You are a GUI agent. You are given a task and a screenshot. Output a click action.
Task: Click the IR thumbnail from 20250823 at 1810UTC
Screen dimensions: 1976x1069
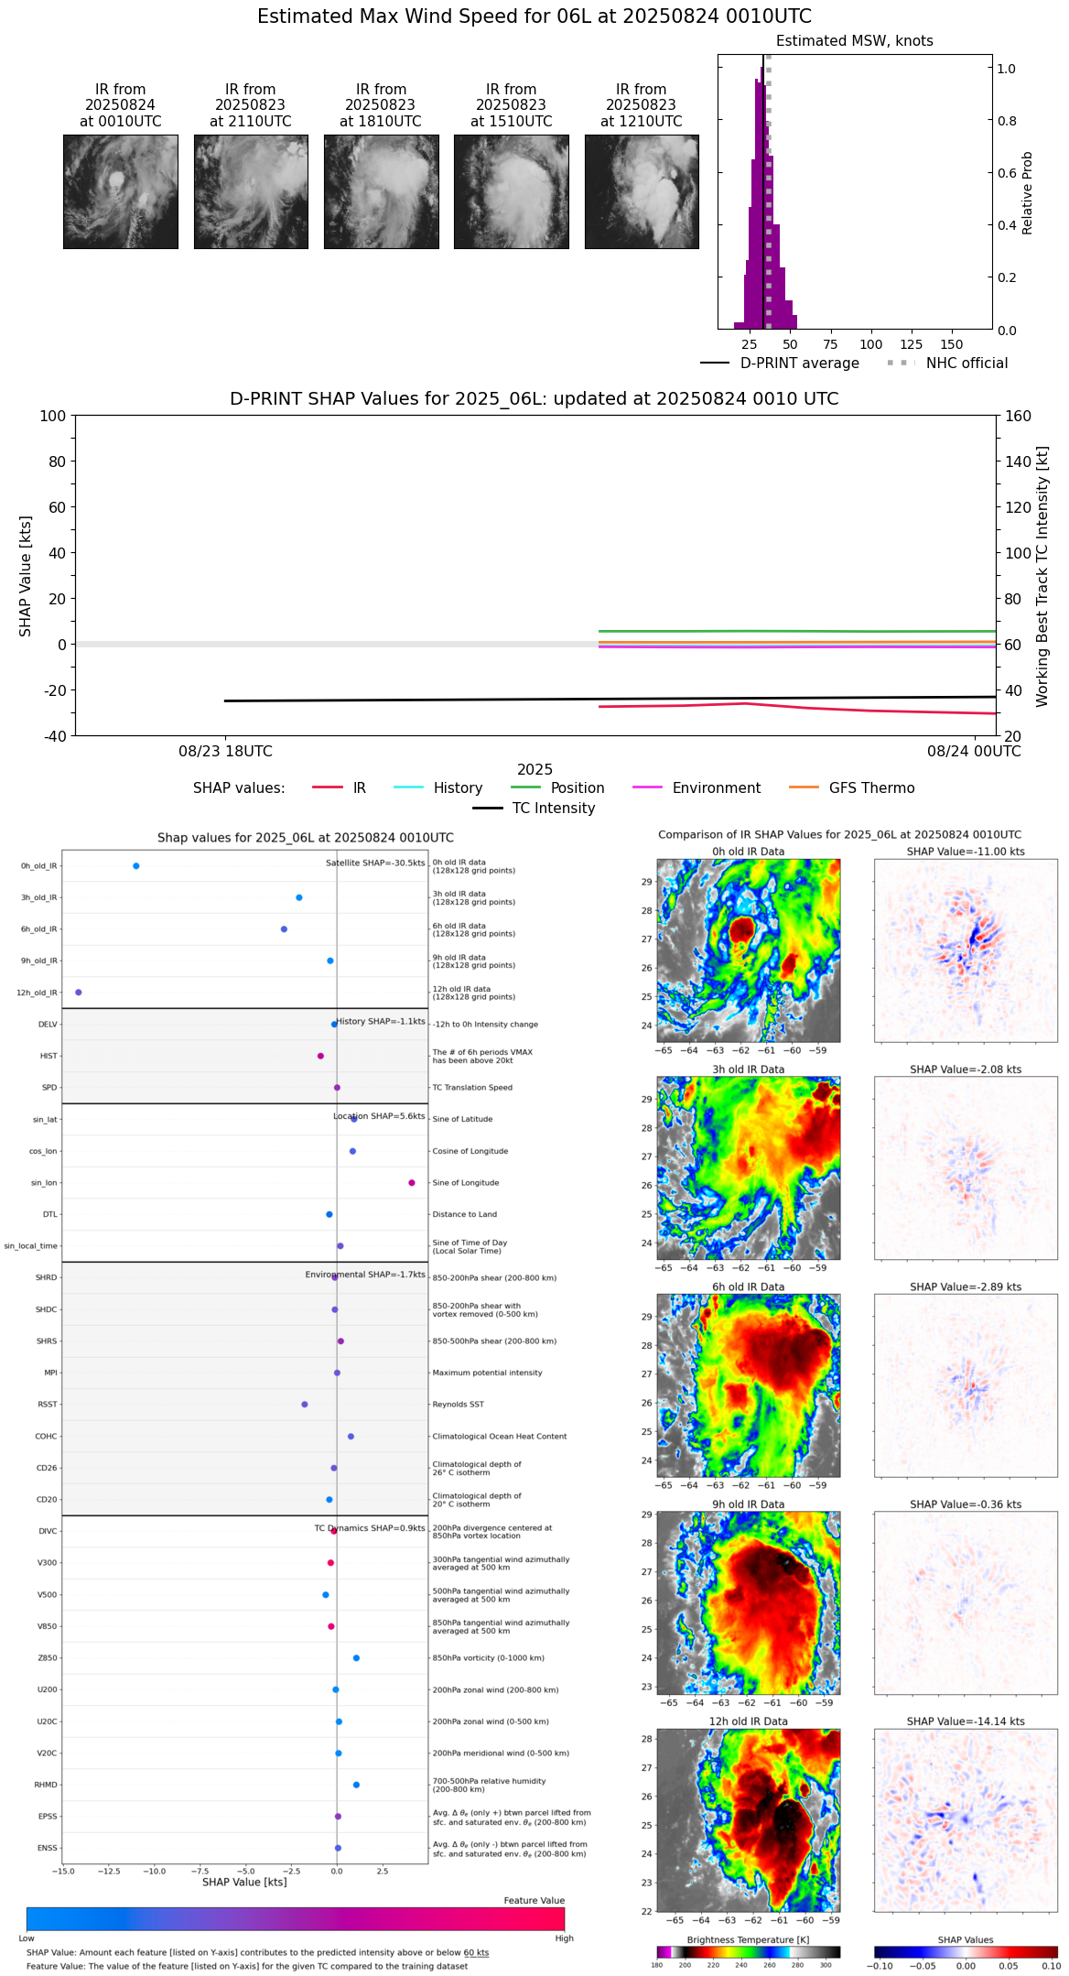pyautogui.click(x=381, y=191)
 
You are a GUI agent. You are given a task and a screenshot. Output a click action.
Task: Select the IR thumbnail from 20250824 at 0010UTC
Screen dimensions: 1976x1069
pyautogui.click(x=120, y=191)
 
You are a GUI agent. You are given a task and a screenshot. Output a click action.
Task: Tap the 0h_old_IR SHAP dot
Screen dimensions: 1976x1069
pyautogui.click(x=136, y=865)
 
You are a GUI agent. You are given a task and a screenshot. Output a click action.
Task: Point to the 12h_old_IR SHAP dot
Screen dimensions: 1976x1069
pyautogui.click(x=78, y=992)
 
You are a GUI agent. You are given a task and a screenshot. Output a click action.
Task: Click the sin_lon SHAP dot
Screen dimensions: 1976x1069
pyautogui.click(x=412, y=1182)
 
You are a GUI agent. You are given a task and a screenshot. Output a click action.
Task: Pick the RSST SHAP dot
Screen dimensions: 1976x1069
pyautogui.click(x=305, y=1404)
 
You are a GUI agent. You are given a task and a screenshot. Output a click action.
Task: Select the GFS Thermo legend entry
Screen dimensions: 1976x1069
pyautogui.click(x=871, y=787)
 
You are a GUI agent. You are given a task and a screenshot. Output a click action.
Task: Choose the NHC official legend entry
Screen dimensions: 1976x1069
pyautogui.click(x=966, y=363)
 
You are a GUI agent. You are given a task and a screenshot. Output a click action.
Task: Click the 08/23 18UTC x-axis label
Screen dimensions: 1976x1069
pyautogui.click(x=225, y=751)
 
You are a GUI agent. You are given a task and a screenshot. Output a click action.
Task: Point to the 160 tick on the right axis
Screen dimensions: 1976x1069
pyautogui.click(x=1019, y=416)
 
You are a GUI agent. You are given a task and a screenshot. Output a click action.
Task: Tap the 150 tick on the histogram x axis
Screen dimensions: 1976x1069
pyautogui.click(x=952, y=344)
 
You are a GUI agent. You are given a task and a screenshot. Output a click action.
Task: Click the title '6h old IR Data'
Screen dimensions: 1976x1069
pyautogui.click(x=748, y=1287)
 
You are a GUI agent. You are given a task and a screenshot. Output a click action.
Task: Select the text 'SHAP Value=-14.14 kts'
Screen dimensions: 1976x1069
pyautogui.click(x=966, y=1721)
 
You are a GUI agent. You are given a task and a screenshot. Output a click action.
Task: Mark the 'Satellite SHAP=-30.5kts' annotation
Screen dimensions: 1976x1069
pyautogui.click(x=375, y=863)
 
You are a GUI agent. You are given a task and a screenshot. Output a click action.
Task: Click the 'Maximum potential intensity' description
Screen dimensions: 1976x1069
pyautogui.click(x=487, y=1373)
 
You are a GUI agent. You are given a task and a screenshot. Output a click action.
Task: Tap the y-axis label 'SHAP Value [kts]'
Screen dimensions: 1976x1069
pyautogui.click(x=26, y=576)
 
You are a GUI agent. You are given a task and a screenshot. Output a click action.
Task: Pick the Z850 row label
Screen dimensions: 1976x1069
pyautogui.click(x=47, y=1658)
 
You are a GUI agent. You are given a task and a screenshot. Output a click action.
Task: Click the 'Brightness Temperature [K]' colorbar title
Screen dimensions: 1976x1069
pyautogui.click(x=748, y=1939)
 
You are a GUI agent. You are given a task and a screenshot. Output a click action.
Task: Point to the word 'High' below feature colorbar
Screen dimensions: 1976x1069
pyautogui.click(x=564, y=1938)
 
